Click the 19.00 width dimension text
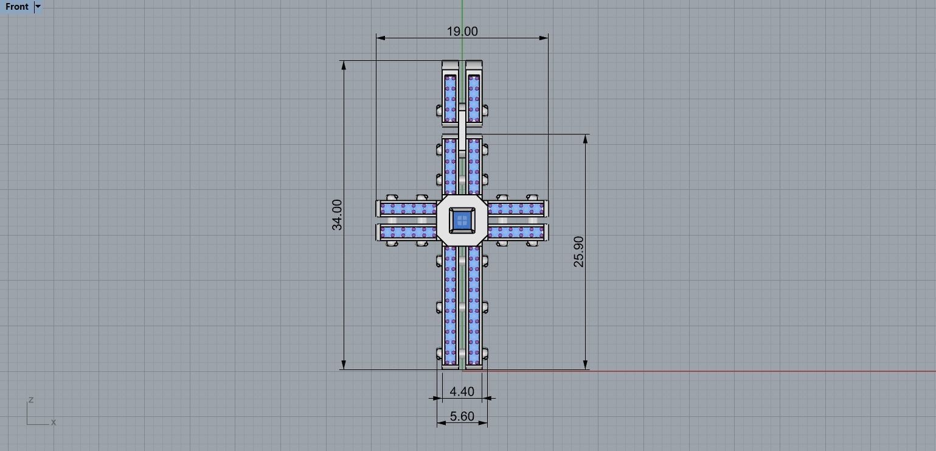[x=462, y=31]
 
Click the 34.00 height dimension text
[x=337, y=215]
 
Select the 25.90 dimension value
[x=578, y=251]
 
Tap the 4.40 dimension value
[x=462, y=391]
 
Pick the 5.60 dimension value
[x=462, y=416]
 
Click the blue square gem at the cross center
[x=462, y=220]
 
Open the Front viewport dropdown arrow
[x=38, y=7]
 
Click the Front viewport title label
[x=17, y=7]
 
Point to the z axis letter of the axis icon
[x=30, y=400]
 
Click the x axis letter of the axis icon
[x=54, y=422]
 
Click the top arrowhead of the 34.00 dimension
[x=344, y=65]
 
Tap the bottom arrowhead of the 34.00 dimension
[x=344, y=365]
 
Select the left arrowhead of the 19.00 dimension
[x=381, y=38]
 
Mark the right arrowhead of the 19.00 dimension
[x=544, y=38]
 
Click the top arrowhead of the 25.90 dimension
[x=586, y=139]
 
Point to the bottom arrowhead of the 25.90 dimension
[x=586, y=365]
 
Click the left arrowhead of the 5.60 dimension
[x=441, y=423]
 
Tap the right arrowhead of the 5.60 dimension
[x=484, y=423]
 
